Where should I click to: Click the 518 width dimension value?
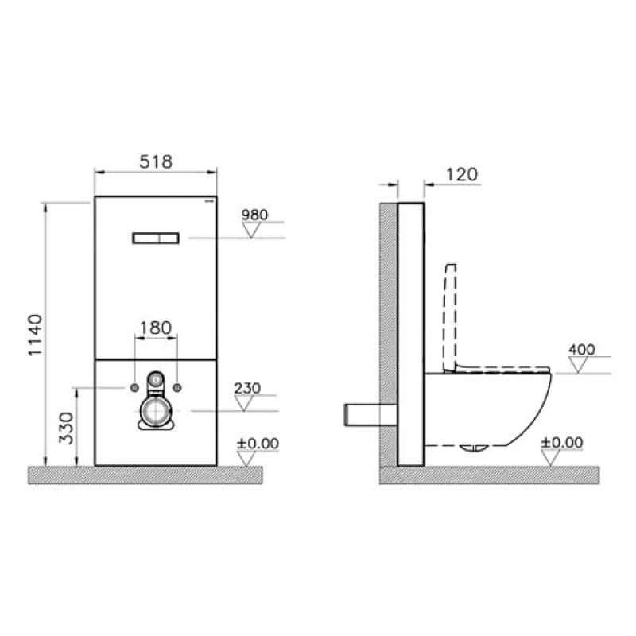pyautogui.click(x=155, y=161)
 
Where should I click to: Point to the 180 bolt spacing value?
pyautogui.click(x=155, y=328)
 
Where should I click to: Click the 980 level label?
pyautogui.click(x=255, y=215)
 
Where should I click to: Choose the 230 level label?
pyautogui.click(x=247, y=388)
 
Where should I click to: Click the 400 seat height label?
pyautogui.click(x=582, y=350)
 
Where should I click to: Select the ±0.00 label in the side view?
pyautogui.click(x=562, y=443)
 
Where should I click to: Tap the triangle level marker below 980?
pyautogui.click(x=254, y=231)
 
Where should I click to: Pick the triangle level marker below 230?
pyautogui.click(x=246, y=403)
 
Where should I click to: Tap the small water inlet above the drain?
pyautogui.click(x=156, y=381)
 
